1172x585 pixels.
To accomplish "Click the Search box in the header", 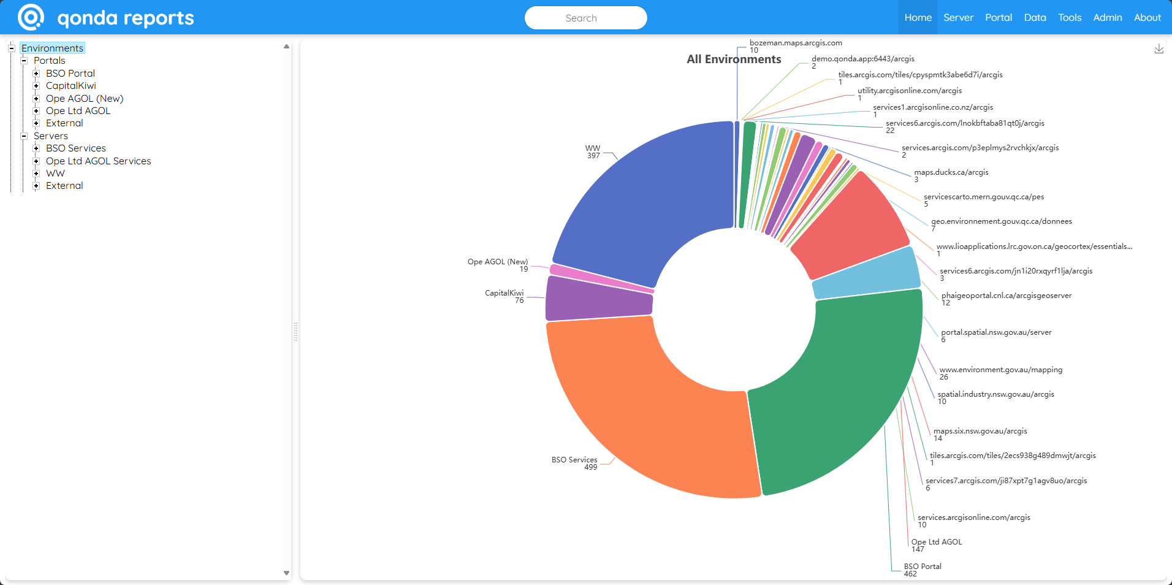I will click(x=585, y=18).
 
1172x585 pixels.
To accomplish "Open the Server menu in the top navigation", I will click(x=958, y=18).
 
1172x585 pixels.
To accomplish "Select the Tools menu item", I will click(x=1069, y=18).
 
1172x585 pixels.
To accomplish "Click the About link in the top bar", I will click(x=1147, y=18).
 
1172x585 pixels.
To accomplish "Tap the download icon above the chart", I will click(x=1159, y=49).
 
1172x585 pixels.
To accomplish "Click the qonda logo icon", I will click(x=31, y=17).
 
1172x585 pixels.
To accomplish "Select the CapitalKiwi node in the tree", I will click(x=70, y=86).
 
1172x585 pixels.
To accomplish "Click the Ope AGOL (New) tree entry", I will click(x=85, y=99).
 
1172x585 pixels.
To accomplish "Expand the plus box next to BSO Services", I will click(x=36, y=148).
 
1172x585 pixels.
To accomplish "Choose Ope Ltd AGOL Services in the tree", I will click(x=98, y=161).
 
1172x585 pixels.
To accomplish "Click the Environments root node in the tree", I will click(x=52, y=48).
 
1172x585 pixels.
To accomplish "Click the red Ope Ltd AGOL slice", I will click(x=849, y=227).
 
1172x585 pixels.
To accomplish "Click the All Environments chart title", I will click(x=734, y=59).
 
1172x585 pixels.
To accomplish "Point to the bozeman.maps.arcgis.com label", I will click(x=796, y=43).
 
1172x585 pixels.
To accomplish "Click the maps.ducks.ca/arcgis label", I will click(x=951, y=172).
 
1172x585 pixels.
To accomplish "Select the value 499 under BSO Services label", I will click(x=590, y=467).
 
